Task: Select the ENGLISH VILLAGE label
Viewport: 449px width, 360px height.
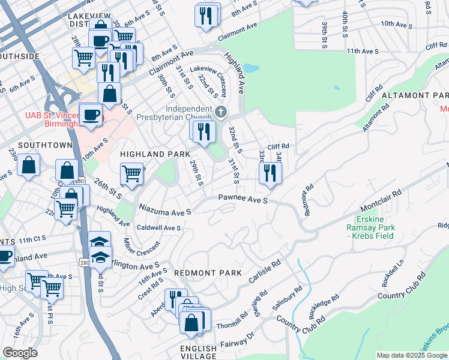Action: point(199,352)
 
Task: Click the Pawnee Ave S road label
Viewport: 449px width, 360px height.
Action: point(243,198)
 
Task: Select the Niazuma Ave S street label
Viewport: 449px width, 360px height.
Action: point(164,211)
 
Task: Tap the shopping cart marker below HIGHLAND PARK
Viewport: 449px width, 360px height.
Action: point(131,174)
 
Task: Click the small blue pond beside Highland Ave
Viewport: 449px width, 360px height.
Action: point(252,68)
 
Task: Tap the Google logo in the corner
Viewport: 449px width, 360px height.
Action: point(20,353)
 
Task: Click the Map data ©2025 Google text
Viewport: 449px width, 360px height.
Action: point(412,355)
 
